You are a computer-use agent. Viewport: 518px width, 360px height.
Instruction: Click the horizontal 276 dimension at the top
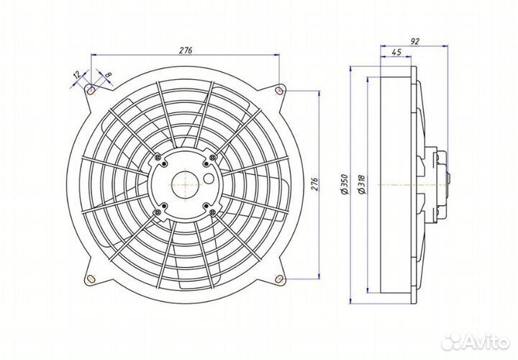pos(186,50)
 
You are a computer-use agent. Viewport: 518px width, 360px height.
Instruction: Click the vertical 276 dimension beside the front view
pos(314,185)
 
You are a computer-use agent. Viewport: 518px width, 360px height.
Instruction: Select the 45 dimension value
pos(396,53)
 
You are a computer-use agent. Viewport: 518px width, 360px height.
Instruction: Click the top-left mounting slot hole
pos(91,91)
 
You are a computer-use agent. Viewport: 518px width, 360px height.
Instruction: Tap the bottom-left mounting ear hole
pos(91,279)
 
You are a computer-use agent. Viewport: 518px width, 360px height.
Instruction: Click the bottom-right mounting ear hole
pos(279,279)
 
